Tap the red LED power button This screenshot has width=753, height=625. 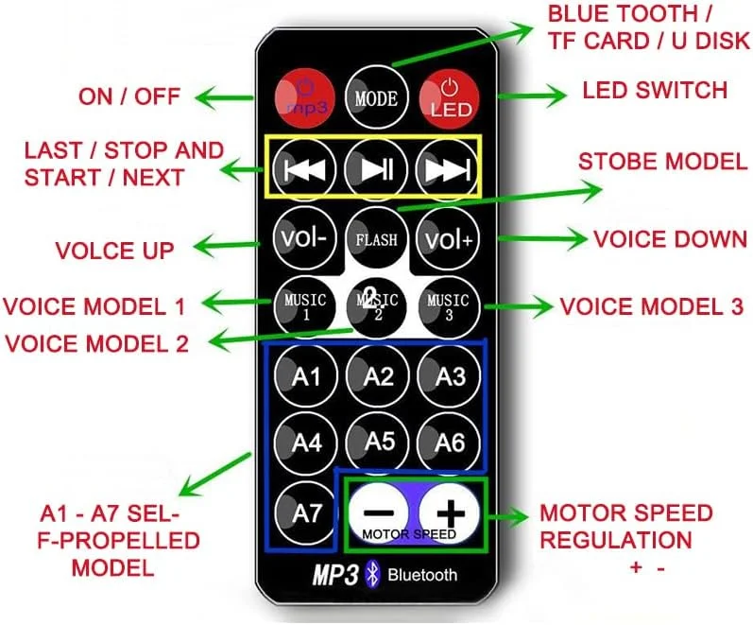[x=450, y=96]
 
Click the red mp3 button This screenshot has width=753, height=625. [x=304, y=96]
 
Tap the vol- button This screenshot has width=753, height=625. [x=303, y=238]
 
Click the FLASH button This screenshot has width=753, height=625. [x=376, y=238]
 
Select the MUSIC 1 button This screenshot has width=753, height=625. [x=304, y=305]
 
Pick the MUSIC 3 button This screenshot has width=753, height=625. [x=448, y=305]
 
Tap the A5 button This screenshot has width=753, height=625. [x=378, y=441]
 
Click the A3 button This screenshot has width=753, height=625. [x=450, y=376]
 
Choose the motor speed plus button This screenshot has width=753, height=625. [x=450, y=513]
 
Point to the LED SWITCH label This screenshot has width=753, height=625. [x=655, y=91]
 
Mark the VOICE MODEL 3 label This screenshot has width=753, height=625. [x=651, y=307]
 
